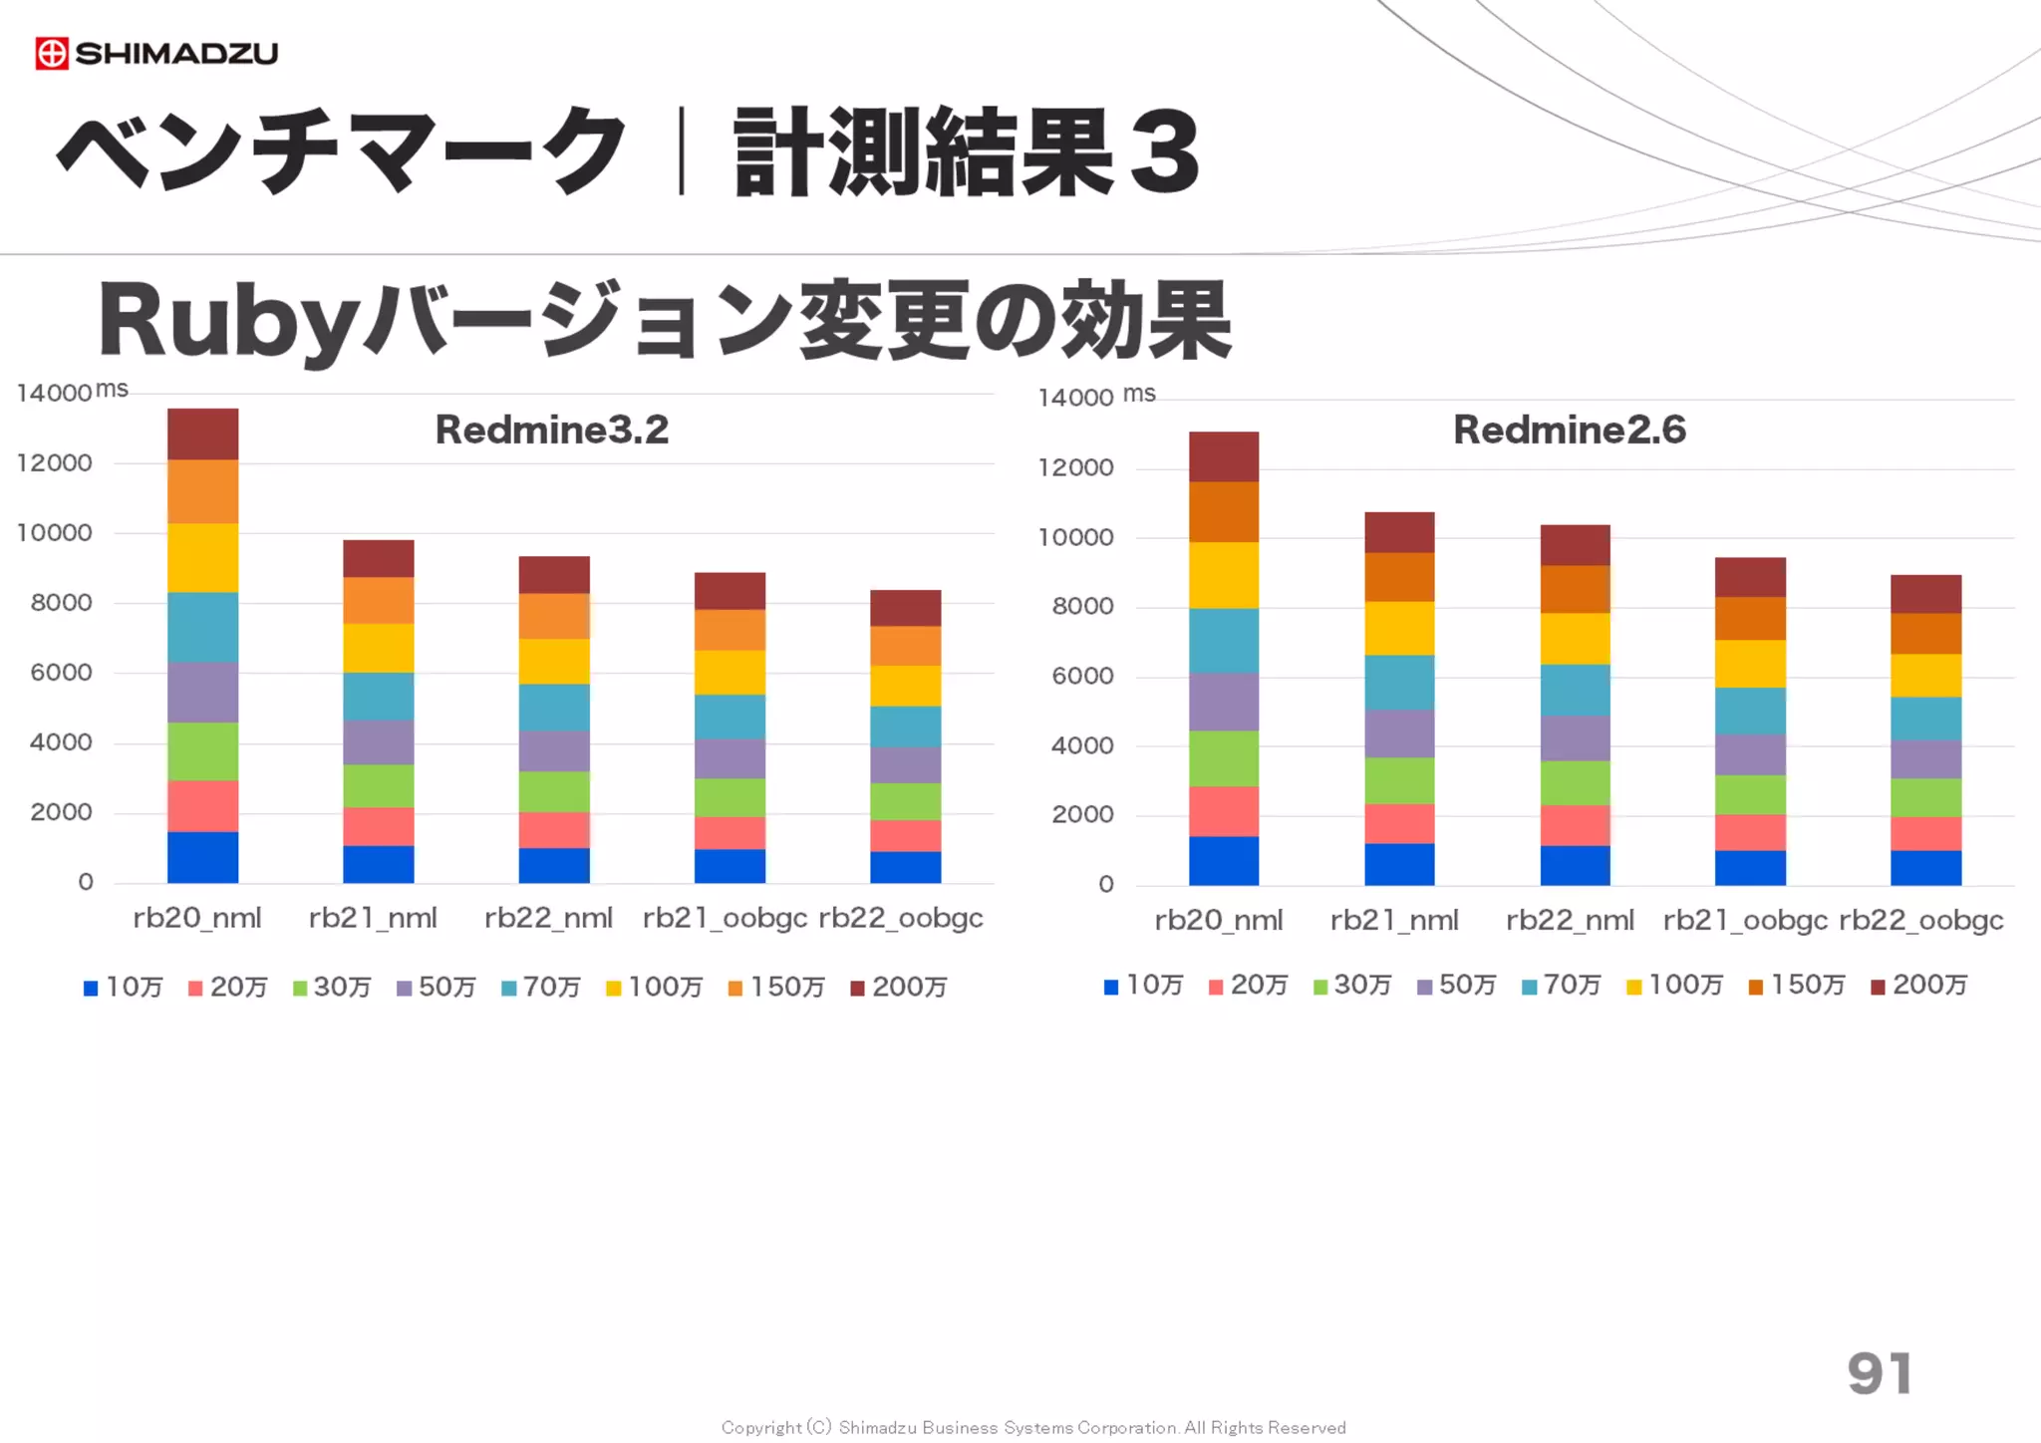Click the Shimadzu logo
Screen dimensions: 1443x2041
tap(156, 53)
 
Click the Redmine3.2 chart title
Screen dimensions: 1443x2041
tap(551, 430)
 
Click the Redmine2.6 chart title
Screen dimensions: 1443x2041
tap(1569, 430)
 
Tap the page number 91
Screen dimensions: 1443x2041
tap(1879, 1373)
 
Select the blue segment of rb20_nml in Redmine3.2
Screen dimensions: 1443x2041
tap(202, 857)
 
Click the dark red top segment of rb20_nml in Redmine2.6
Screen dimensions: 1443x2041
tap(1223, 456)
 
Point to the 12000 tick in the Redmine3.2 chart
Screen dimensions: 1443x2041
tap(55, 463)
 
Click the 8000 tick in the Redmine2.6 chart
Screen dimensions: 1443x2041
tap(1082, 607)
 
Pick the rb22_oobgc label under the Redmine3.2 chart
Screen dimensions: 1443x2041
tap(900, 918)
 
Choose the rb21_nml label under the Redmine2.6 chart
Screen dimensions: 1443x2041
tap(1393, 921)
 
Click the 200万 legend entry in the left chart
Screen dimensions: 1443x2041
tap(899, 987)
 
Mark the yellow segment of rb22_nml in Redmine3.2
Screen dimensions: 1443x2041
tap(553, 661)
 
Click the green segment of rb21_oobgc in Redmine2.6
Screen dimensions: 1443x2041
tap(1749, 794)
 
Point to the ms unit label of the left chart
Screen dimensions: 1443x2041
tap(112, 389)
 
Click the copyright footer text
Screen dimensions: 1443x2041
tap(1032, 1427)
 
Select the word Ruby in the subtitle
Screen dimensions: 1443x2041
tap(227, 321)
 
